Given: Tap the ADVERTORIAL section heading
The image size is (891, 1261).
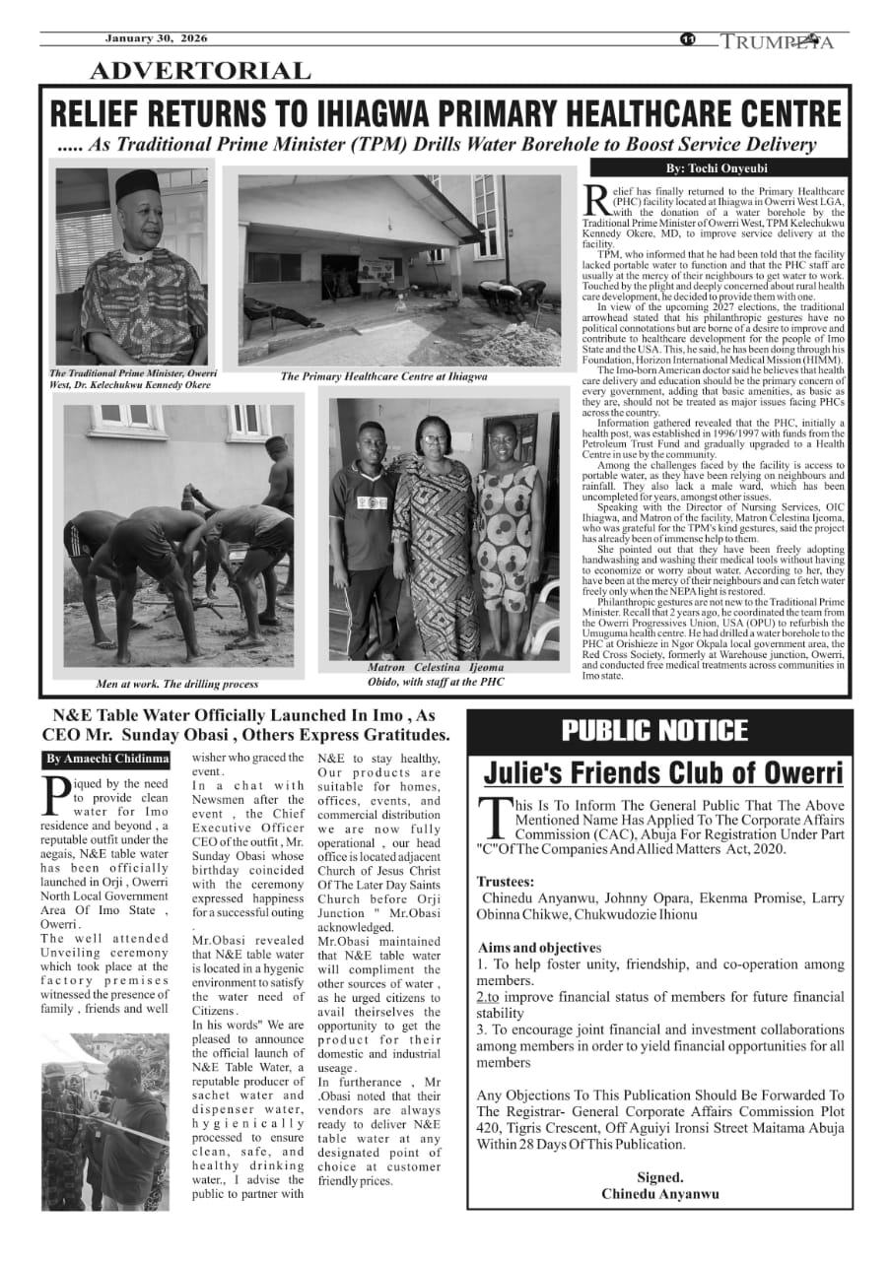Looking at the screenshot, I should click(200, 71).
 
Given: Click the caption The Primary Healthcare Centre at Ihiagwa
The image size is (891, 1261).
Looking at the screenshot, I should click(383, 376).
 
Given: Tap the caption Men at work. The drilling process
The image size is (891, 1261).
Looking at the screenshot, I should click(177, 684).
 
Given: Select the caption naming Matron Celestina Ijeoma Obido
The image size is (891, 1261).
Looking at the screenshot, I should click(435, 674).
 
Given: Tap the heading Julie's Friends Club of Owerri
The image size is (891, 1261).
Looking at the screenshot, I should click(663, 771).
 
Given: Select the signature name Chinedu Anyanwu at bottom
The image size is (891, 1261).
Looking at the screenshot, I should click(659, 1194).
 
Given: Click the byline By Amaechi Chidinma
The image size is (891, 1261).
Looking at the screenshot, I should click(106, 760).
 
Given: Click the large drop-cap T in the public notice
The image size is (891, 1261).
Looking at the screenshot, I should click(492, 814).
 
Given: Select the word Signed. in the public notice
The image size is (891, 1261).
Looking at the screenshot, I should click(659, 1177).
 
